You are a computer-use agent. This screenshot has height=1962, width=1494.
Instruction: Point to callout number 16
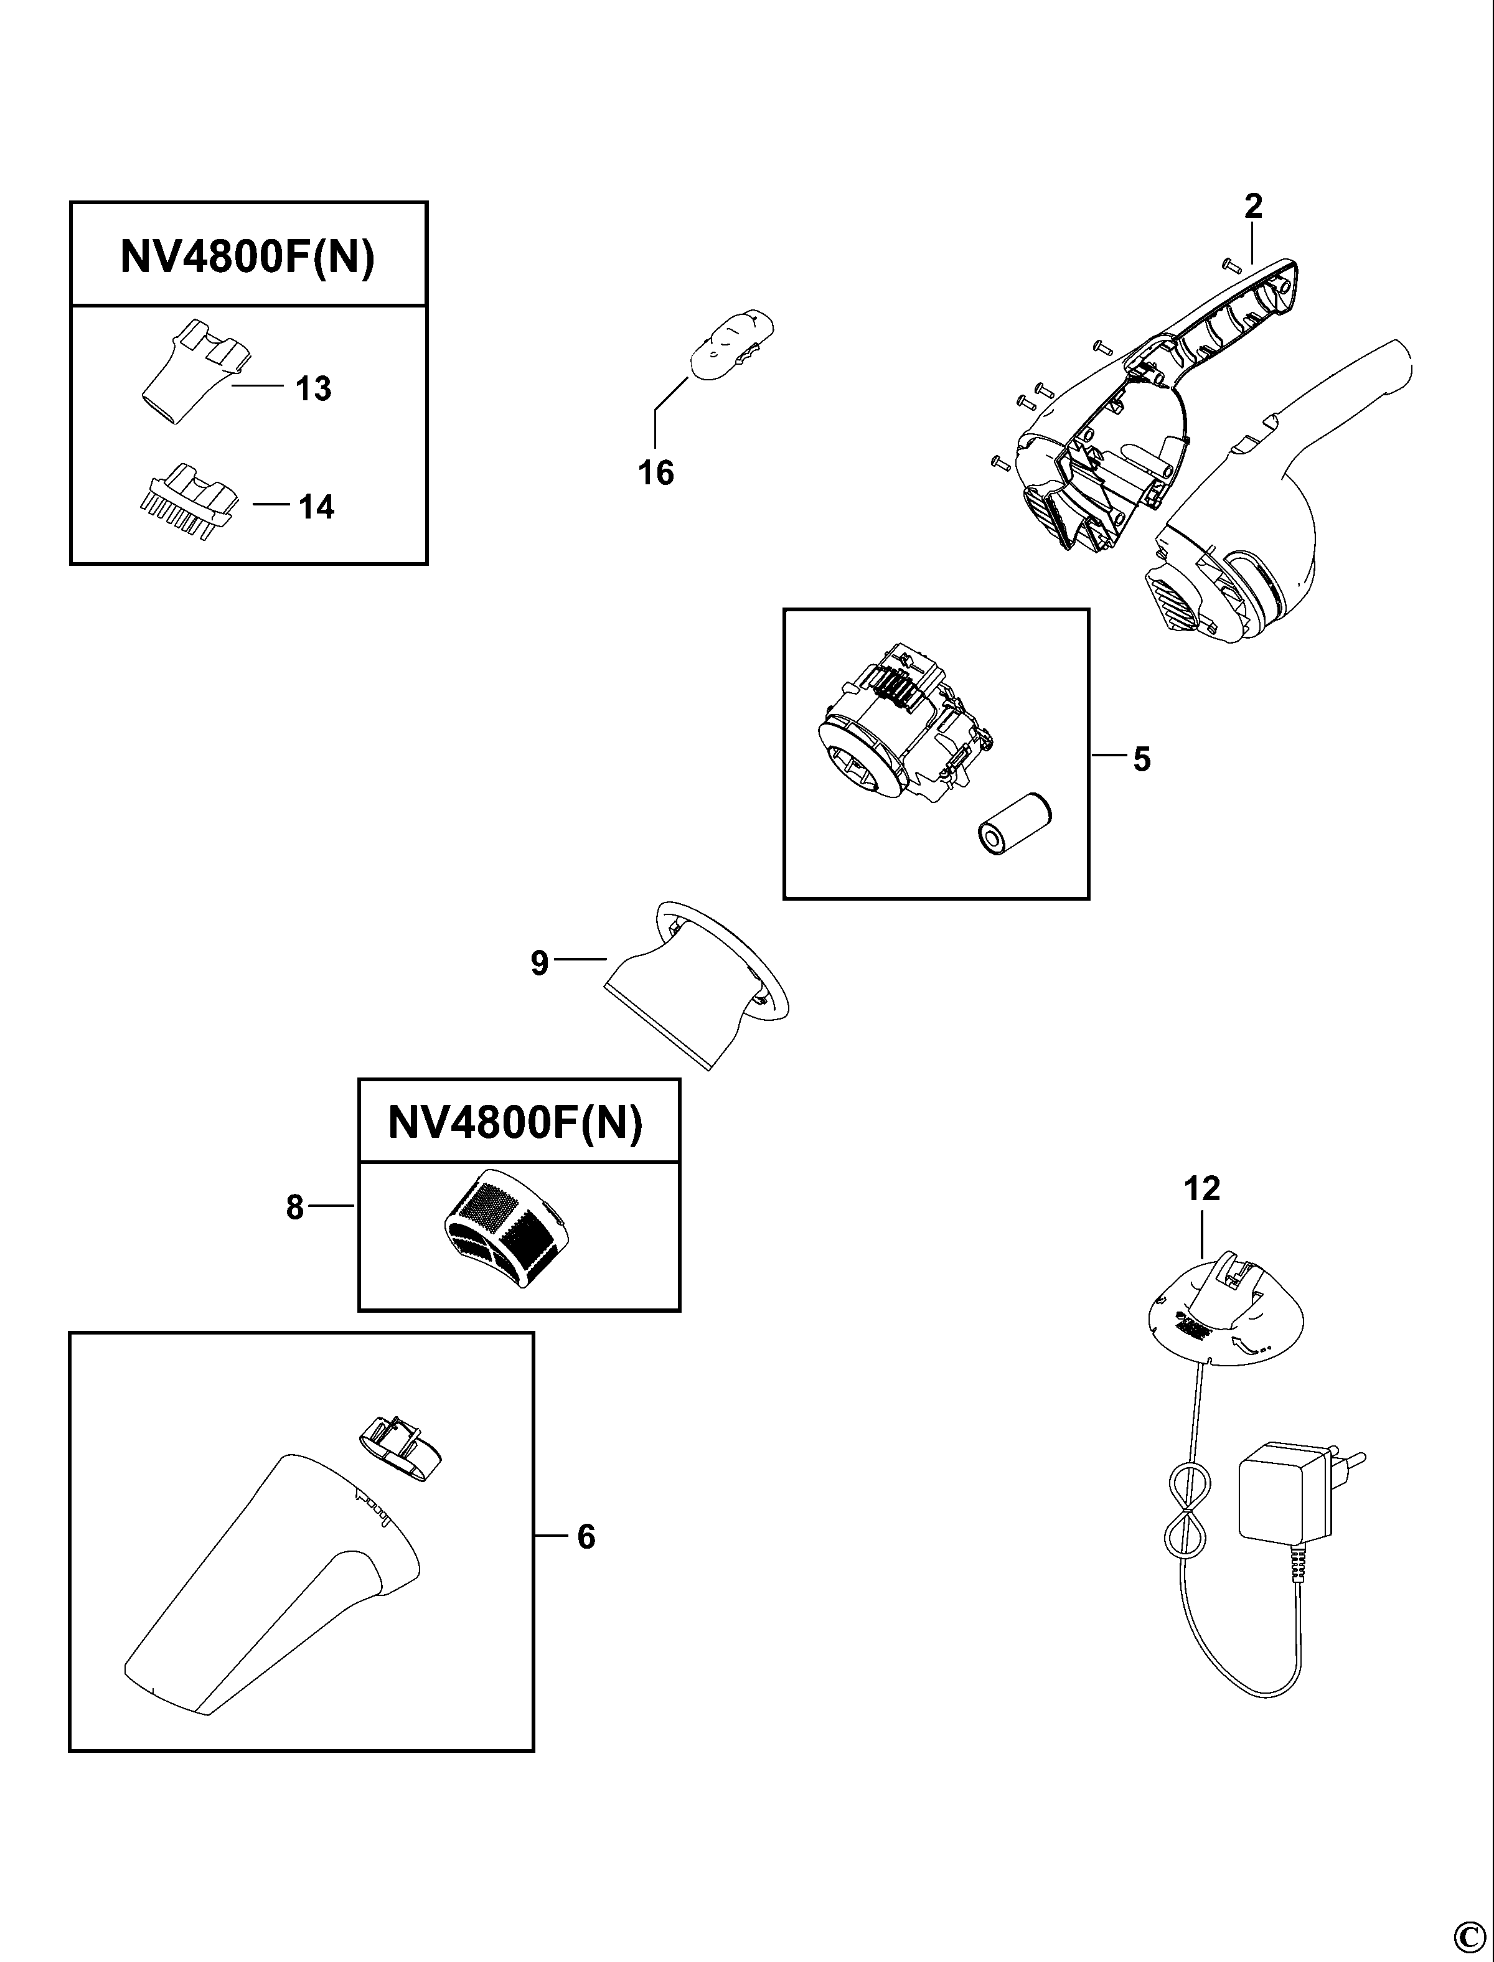pyautogui.click(x=655, y=472)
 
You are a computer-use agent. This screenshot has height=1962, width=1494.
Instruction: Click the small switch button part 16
pyautogui.click(x=732, y=346)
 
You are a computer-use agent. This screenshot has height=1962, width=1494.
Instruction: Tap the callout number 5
pyautogui.click(x=1142, y=759)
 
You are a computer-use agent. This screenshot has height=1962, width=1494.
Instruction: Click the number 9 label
pyautogui.click(x=540, y=964)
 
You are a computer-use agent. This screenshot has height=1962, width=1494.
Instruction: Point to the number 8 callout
pyautogui.click(x=295, y=1208)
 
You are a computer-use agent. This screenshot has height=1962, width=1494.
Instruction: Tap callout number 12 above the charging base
pyautogui.click(x=1201, y=1188)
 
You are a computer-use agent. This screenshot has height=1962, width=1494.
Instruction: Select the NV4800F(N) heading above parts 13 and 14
pyautogui.click(x=248, y=258)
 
